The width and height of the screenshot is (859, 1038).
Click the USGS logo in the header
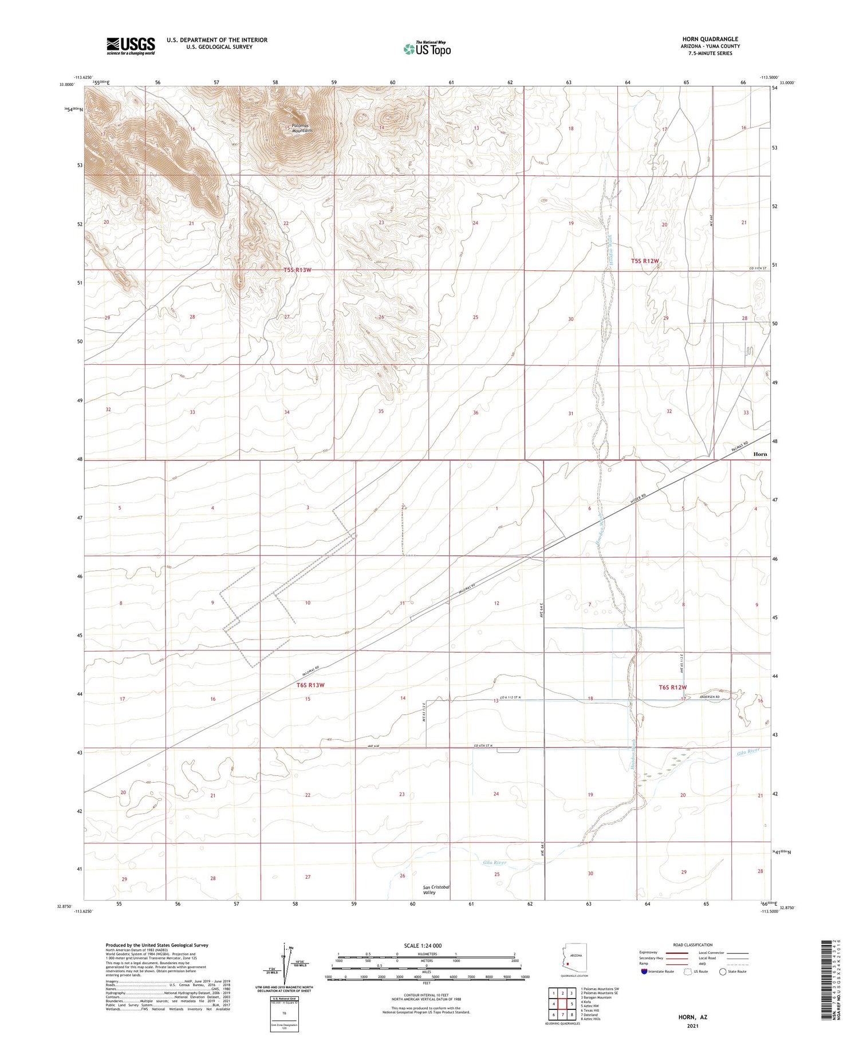pyautogui.click(x=131, y=46)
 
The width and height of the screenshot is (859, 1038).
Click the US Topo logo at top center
pyautogui.click(x=427, y=49)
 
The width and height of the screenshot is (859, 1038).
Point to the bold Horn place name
pyautogui.click(x=760, y=454)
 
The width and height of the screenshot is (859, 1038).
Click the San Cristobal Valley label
pyautogui.click(x=436, y=890)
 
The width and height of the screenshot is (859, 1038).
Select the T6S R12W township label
pyautogui.click(x=672, y=687)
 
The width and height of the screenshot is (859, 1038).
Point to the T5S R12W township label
pyautogui.click(x=645, y=261)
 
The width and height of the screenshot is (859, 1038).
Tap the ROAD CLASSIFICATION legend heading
pyautogui.click(x=693, y=945)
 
